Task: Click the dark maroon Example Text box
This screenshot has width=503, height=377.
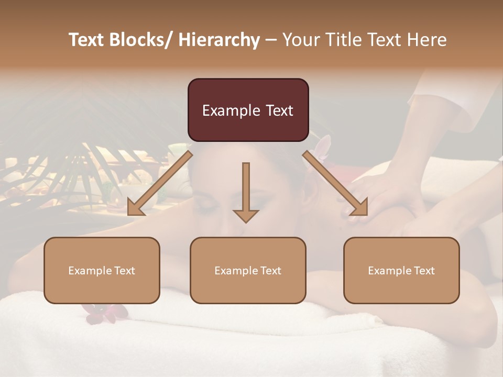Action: tap(248, 110)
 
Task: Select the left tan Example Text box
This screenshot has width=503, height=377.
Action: tap(102, 270)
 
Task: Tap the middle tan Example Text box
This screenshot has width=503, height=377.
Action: tap(248, 270)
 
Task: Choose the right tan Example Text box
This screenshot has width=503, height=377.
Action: tap(401, 270)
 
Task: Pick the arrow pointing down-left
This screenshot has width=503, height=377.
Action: tap(160, 183)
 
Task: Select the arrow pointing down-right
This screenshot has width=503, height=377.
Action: tap(335, 183)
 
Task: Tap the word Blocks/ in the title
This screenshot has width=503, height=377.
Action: tap(144, 40)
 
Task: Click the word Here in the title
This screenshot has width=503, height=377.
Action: tap(427, 40)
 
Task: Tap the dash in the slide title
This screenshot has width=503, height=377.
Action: tap(271, 40)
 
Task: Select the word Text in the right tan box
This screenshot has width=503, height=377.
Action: tap(424, 271)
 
